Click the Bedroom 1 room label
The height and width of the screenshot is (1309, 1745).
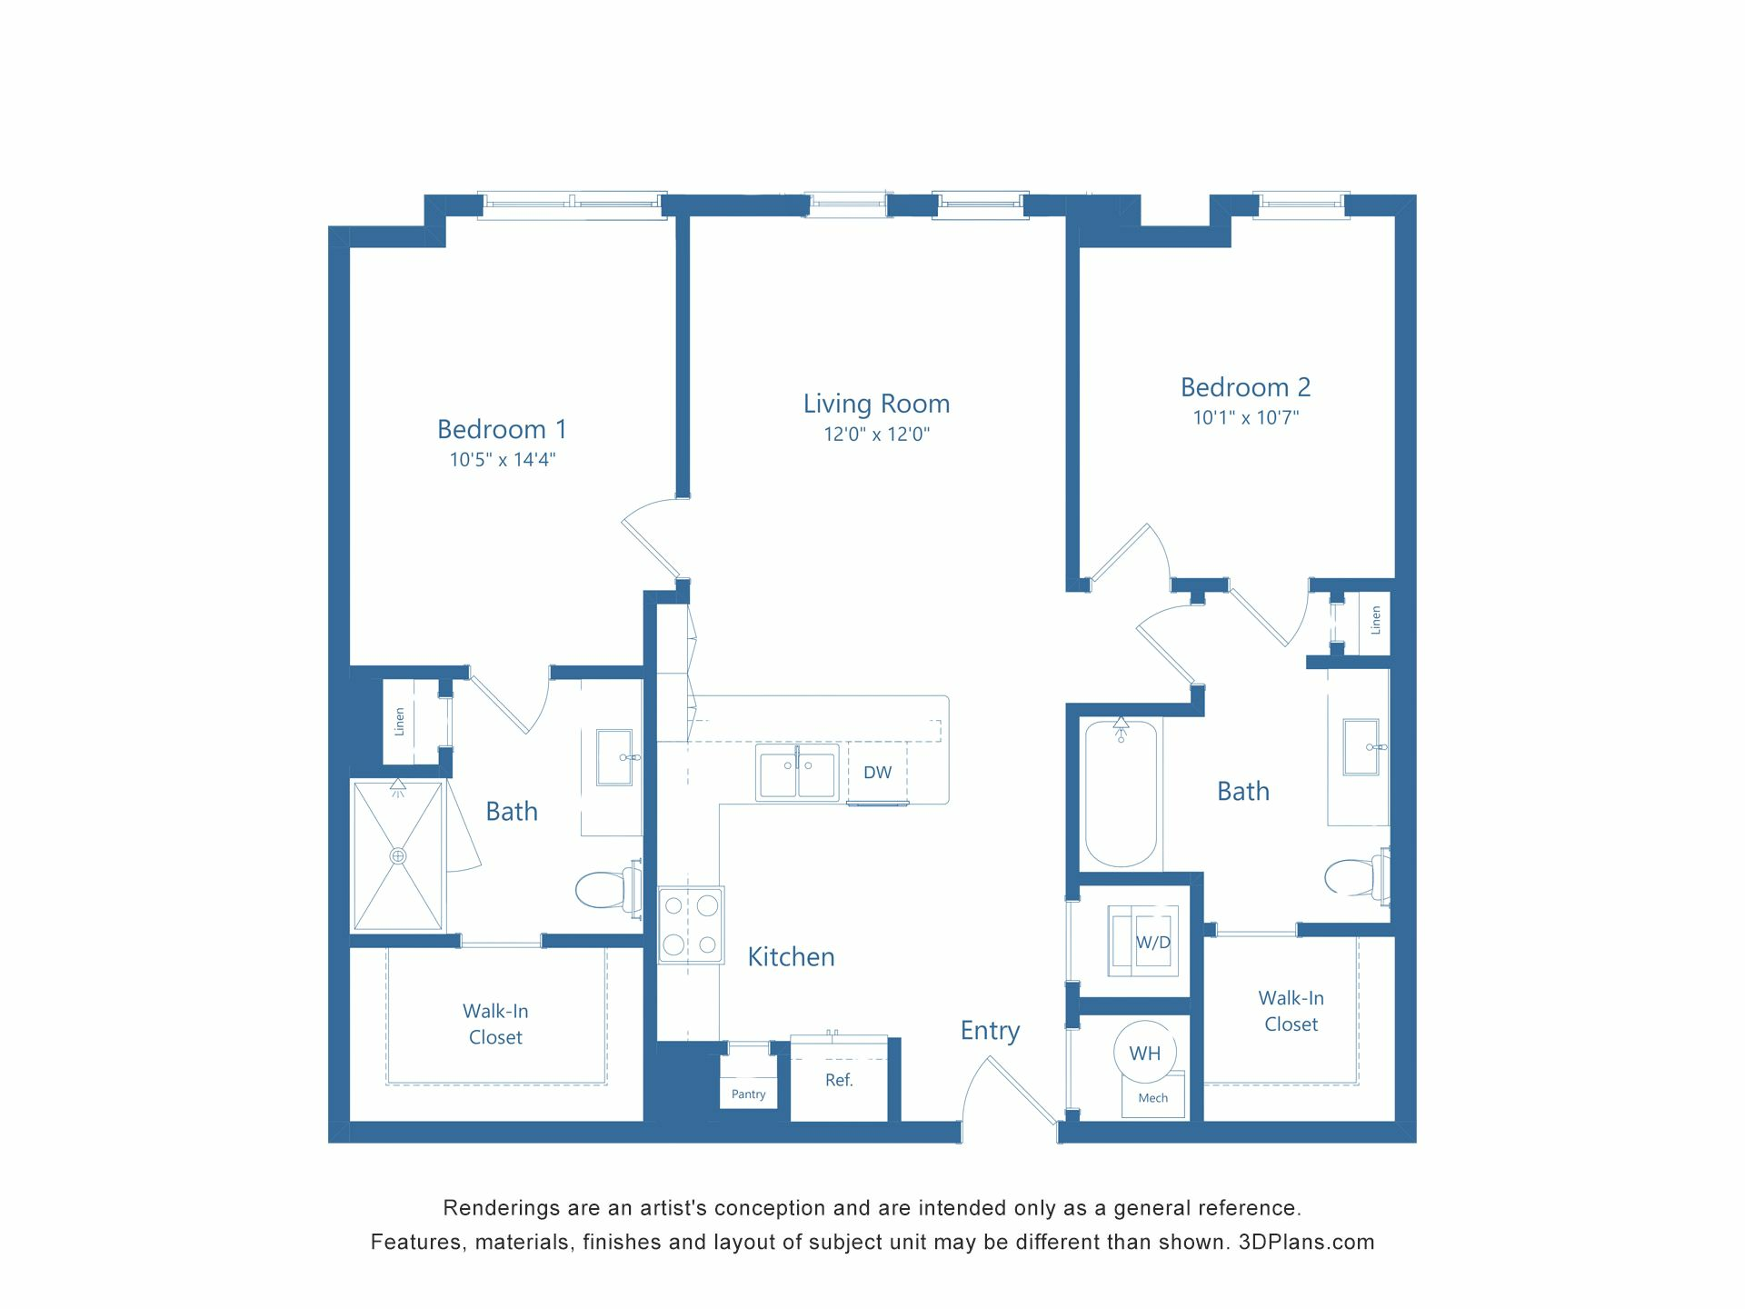tap(502, 429)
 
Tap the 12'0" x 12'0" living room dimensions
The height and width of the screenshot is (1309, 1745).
tap(876, 435)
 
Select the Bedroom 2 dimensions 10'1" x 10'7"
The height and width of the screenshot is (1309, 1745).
tap(1245, 418)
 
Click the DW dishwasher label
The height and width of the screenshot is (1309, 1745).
tap(877, 773)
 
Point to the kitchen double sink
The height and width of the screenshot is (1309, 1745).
tap(797, 774)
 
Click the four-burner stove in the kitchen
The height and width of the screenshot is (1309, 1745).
tap(691, 924)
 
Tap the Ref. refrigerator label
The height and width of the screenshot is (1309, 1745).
tap(839, 1080)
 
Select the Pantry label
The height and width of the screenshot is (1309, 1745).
tap(748, 1094)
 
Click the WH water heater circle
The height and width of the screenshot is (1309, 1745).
tap(1144, 1053)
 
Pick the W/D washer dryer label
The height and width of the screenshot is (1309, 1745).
tap(1152, 943)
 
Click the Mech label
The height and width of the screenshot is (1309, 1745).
tap(1152, 1098)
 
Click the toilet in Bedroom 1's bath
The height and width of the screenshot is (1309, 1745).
tap(604, 889)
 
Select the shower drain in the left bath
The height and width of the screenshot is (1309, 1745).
tap(397, 855)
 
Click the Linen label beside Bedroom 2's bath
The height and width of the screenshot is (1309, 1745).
tap(1375, 620)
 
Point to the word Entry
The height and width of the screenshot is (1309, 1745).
tap(990, 1030)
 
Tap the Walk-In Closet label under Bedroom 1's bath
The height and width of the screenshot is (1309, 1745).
tap(495, 1024)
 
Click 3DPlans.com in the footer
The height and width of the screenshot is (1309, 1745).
tap(1306, 1242)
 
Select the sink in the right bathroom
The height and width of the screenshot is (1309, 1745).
tap(1361, 747)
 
